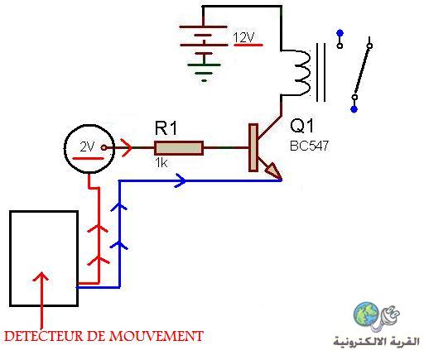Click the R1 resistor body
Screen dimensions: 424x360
point(179,148)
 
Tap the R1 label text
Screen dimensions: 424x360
point(166,128)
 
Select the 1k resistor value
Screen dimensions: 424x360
point(161,163)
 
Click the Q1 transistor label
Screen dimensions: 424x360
point(302,126)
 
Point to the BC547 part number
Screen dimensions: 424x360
point(310,146)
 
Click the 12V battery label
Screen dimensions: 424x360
point(243,37)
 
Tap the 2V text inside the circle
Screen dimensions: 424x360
point(87,146)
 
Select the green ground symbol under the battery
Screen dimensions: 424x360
point(204,72)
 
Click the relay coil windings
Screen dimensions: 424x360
point(302,73)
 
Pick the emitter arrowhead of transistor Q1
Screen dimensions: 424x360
point(274,171)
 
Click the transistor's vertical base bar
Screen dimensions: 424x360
point(253,147)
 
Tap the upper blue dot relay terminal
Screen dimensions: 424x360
point(340,33)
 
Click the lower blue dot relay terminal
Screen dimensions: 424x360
point(354,109)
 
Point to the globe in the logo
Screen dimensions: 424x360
point(366,314)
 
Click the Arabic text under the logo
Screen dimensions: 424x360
point(376,342)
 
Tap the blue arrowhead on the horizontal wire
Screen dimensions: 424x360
point(181,180)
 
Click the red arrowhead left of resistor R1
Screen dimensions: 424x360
point(127,148)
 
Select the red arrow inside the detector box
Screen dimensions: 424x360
point(41,300)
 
